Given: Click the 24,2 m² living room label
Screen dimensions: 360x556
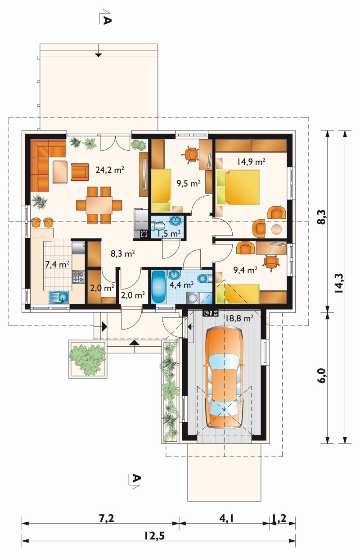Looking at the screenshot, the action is (x=110, y=170).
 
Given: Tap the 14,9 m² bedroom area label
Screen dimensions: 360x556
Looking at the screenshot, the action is (x=251, y=162).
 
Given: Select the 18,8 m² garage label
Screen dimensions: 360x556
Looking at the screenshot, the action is (x=239, y=318).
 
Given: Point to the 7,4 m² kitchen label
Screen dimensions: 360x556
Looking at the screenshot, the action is (x=57, y=264).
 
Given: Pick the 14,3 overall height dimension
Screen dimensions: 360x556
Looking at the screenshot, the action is (x=339, y=283).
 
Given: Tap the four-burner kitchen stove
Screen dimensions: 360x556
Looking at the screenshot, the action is (x=78, y=277).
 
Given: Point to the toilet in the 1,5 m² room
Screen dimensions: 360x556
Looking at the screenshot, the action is (x=158, y=226).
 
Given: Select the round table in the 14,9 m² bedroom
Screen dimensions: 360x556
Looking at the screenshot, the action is (x=276, y=229).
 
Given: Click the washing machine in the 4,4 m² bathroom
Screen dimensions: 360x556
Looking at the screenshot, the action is (x=192, y=298).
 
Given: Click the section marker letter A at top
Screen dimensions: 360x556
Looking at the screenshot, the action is (x=106, y=20).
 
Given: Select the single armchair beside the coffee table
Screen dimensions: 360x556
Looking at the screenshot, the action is (x=80, y=172).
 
